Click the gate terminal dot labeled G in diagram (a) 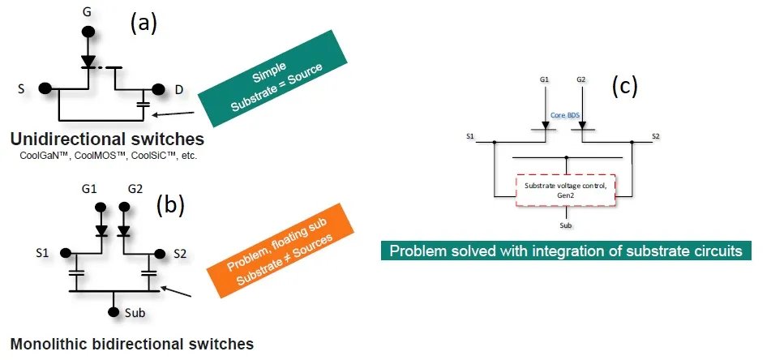[x=87, y=35]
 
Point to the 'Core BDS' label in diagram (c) [x=565, y=116]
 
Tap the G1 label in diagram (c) [x=545, y=80]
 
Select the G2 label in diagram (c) [x=581, y=80]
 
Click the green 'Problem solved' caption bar [x=565, y=251]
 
